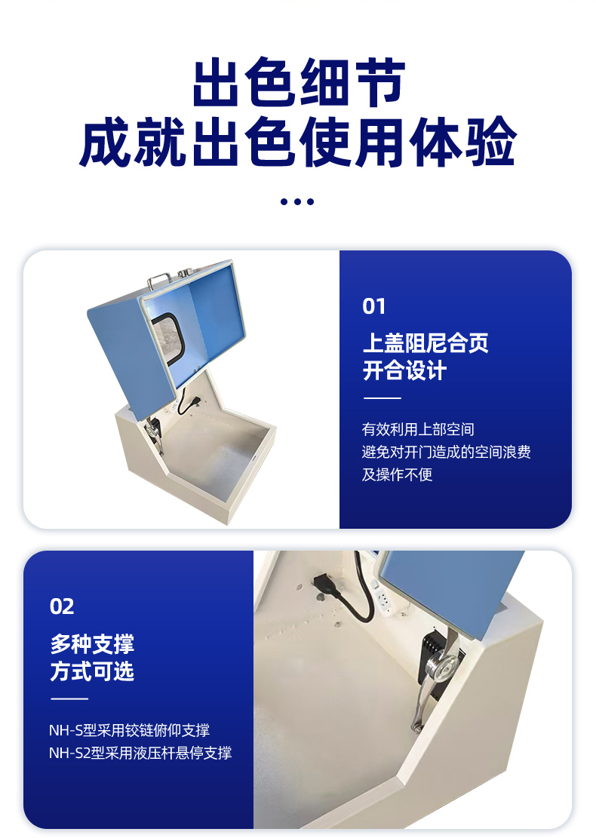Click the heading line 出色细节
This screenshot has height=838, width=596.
(x=298, y=82)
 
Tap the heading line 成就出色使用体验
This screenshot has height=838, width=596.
(x=298, y=142)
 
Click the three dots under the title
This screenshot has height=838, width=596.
(x=297, y=201)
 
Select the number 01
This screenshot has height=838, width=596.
(x=373, y=306)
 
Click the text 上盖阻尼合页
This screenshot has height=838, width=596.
(x=425, y=342)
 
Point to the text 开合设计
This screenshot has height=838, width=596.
(x=404, y=370)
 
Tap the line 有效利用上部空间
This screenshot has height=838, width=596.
(x=418, y=429)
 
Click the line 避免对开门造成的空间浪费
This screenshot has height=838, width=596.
(x=447, y=452)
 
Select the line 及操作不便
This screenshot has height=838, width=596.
(x=397, y=474)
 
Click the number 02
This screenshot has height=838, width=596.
(x=62, y=606)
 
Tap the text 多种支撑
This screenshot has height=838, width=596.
(x=92, y=643)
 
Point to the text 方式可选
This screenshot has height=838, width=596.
(x=92, y=671)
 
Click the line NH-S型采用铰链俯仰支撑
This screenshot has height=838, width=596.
(x=129, y=730)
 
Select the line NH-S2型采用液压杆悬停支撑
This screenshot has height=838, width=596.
(x=140, y=753)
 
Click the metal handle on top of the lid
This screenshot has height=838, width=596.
(x=158, y=278)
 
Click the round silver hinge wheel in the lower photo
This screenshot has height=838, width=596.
(x=443, y=665)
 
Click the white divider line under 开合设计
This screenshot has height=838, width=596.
(x=382, y=398)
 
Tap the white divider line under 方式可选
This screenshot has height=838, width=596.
(x=69, y=698)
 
